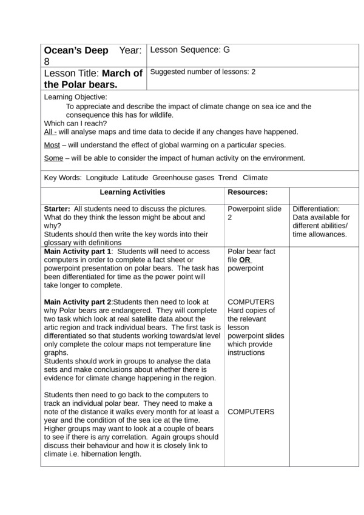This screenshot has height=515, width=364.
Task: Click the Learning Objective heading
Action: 75,97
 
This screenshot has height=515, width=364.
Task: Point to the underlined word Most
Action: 52,145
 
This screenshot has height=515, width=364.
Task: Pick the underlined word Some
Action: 53,158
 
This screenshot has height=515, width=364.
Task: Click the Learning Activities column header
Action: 132,192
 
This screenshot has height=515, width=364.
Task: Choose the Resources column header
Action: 248,192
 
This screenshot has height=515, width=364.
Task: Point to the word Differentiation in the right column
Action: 317,209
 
